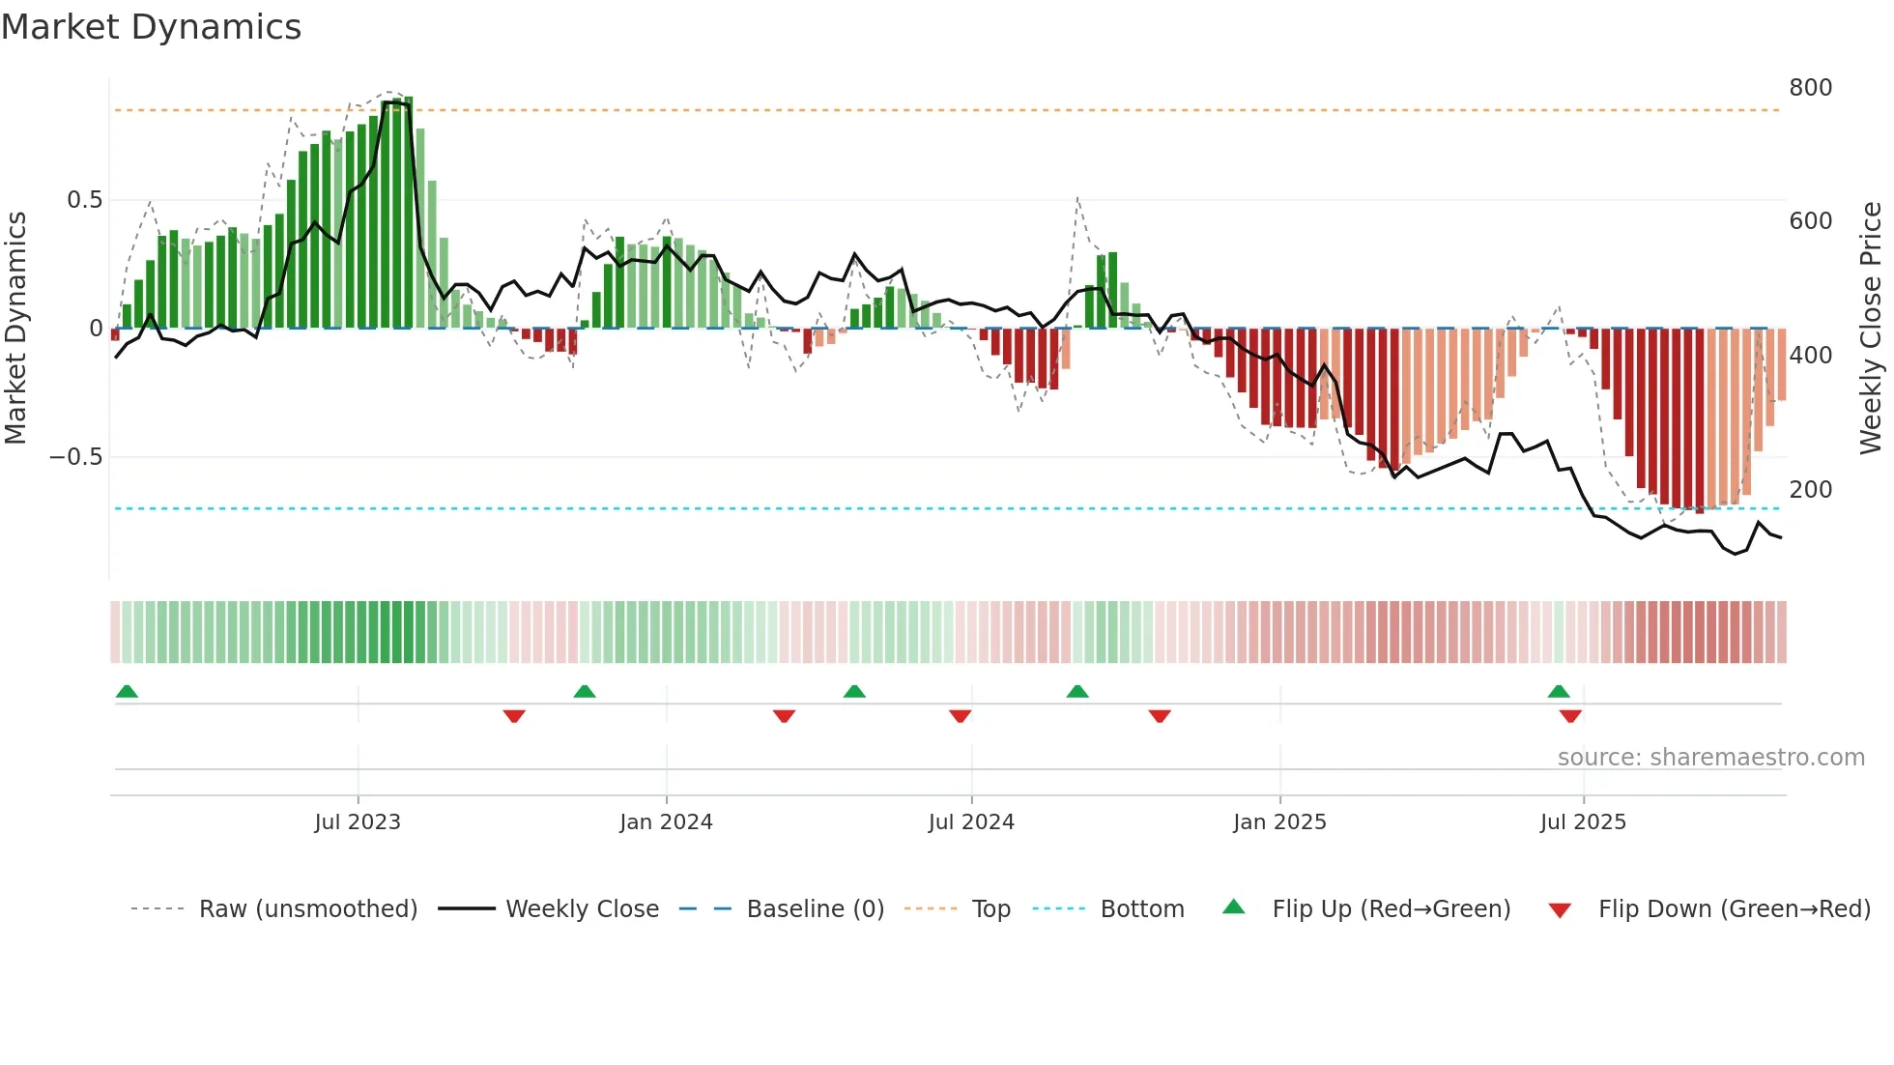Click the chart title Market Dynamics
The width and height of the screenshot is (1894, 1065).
point(151,27)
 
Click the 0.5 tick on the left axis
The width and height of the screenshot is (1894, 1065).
point(84,200)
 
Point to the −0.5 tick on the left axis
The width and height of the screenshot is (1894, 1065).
point(76,457)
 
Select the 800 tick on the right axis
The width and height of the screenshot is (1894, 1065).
point(1810,88)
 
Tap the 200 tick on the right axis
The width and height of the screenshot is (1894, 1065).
point(1810,490)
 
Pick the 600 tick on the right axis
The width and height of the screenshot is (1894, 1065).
point(1810,221)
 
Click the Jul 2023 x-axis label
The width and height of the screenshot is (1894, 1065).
point(358,822)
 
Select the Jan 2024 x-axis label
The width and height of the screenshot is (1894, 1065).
point(666,822)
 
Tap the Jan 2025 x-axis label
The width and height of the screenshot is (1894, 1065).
point(1279,822)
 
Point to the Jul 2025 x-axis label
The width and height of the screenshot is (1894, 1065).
point(1583,822)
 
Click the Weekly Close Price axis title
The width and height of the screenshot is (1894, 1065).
point(1871,329)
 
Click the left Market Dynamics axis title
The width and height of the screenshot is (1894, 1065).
point(15,329)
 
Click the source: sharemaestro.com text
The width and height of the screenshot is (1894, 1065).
point(1710,758)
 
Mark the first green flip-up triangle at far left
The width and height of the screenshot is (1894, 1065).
point(127,691)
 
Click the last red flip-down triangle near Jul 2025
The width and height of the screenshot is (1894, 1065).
point(1570,716)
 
